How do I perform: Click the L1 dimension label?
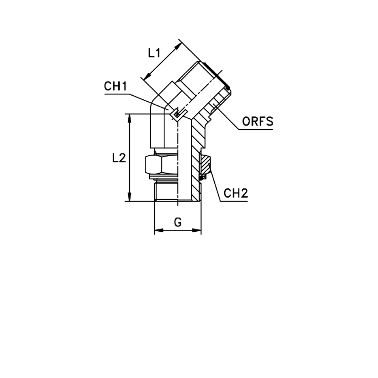pos(154,53)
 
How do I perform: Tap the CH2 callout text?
pos(235,194)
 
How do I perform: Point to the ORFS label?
pos(257,122)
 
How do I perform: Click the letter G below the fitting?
pos(177,222)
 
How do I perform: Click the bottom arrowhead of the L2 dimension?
pos(130,197)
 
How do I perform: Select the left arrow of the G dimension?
pos(158,230)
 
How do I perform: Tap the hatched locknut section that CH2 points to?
pos(206,164)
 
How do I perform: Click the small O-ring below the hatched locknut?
pos(203,176)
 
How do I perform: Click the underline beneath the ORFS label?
pos(255,129)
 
